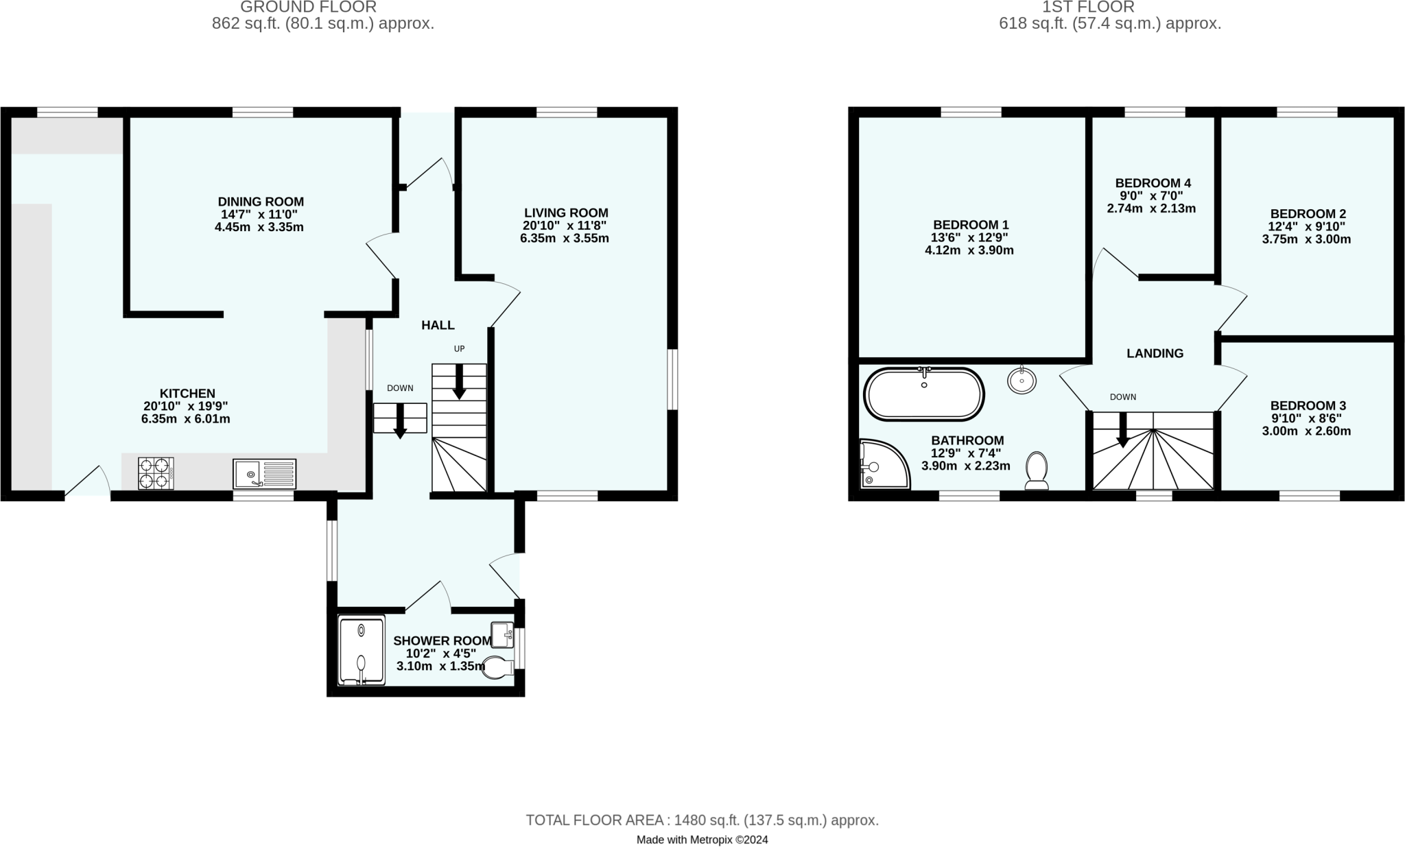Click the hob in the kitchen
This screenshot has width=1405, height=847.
point(156,473)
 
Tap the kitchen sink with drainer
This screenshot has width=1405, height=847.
point(264,474)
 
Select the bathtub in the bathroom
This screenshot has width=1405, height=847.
point(923,394)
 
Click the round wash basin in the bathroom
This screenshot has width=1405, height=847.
point(1022,380)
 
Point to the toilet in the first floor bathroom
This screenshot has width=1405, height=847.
point(1036,470)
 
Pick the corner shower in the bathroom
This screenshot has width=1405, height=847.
point(881,465)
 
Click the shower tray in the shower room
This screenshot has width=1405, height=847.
point(362,651)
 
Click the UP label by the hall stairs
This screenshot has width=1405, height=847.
point(459,348)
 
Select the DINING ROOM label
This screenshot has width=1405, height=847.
point(261,202)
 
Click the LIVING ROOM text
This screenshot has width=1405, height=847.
point(566,213)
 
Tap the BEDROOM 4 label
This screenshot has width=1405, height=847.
point(1153,183)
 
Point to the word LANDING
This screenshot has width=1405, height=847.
point(1155,353)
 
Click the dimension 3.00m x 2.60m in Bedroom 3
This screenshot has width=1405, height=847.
point(1306,431)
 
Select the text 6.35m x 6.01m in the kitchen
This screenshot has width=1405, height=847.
point(185,418)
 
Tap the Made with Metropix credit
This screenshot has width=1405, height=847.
point(702,839)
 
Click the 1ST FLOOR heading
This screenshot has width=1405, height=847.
point(1088,8)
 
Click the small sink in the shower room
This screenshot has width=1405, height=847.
point(502,634)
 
